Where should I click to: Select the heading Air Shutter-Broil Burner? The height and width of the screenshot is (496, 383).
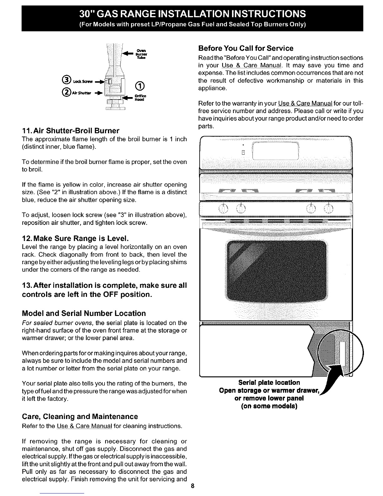70,130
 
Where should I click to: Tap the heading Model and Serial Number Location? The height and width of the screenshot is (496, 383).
84,313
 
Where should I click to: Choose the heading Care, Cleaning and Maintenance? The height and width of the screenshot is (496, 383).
80,416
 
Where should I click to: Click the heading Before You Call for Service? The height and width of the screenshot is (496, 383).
246,48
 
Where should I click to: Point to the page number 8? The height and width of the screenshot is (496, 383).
193,486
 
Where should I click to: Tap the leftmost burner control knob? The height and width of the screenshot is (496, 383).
223,208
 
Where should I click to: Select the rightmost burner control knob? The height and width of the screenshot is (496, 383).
329,208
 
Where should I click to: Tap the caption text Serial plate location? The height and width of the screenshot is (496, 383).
269,383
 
